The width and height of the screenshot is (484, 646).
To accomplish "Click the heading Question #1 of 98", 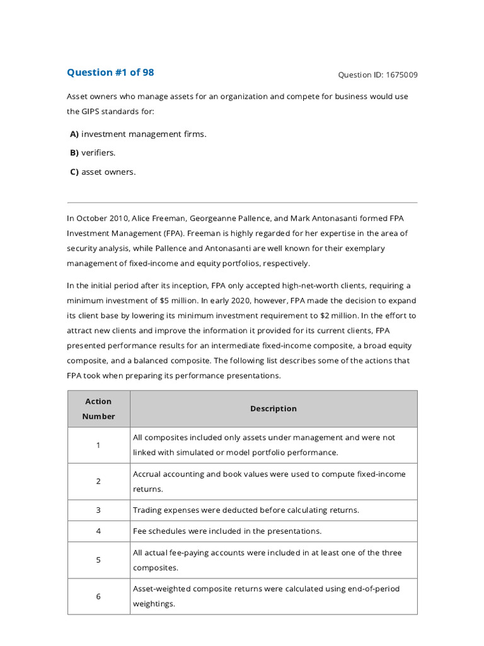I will pyautogui.click(x=110, y=73).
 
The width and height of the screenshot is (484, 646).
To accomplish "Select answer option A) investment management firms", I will pyautogui.click(x=138, y=134).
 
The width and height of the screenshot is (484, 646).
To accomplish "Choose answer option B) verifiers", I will pyautogui.click(x=93, y=153).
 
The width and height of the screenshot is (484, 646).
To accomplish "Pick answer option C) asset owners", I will pyautogui.click(x=103, y=172).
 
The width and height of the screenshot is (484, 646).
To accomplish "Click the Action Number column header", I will pyautogui.click(x=98, y=409).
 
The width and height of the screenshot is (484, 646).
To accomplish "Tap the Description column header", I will pyautogui.click(x=273, y=409).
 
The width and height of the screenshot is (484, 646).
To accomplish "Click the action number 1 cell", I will pyautogui.click(x=98, y=445).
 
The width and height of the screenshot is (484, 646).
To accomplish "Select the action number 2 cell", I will pyautogui.click(x=98, y=481).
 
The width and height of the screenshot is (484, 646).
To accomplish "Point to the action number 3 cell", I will pyautogui.click(x=98, y=510).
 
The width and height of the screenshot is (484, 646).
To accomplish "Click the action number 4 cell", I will pyautogui.click(x=98, y=531).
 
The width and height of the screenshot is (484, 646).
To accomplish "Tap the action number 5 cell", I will pyautogui.click(x=98, y=560).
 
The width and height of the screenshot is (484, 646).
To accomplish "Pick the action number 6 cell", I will pyautogui.click(x=98, y=597).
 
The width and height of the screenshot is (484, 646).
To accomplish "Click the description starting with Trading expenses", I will pyautogui.click(x=246, y=510).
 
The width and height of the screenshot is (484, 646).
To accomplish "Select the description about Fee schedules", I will pyautogui.click(x=227, y=531).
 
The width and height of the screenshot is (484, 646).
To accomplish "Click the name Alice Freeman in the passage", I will pyautogui.click(x=145, y=218).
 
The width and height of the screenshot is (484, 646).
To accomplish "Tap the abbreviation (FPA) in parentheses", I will pyautogui.click(x=165, y=233).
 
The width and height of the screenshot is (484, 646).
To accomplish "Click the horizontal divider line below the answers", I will pyautogui.click(x=242, y=203).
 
